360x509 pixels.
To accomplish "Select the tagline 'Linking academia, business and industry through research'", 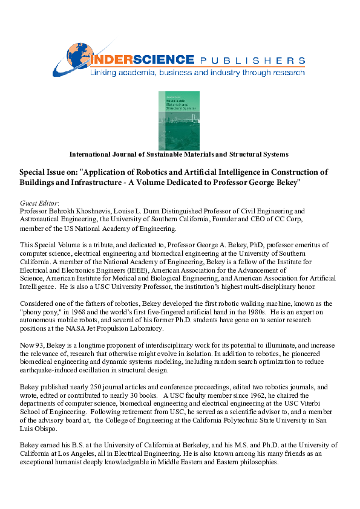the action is tap(197, 73).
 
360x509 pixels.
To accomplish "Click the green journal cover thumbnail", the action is tap(178, 120).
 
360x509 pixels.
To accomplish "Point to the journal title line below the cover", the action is tap(179, 155).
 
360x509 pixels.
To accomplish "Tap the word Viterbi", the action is tap(324, 403).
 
